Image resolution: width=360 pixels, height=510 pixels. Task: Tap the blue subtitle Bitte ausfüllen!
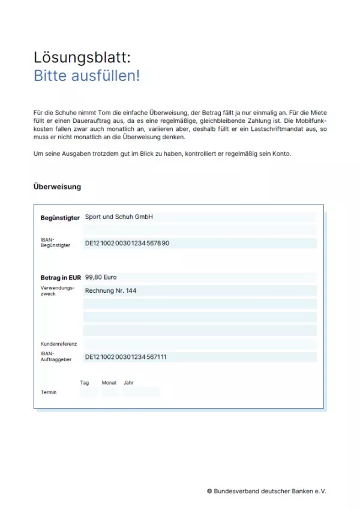[87, 76]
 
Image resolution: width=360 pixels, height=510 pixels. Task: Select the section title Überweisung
[57, 187]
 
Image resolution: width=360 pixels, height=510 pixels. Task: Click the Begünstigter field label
[59, 218]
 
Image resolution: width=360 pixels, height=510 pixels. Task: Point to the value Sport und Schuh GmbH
[119, 217]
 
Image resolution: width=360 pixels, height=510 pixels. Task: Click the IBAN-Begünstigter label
[55, 242]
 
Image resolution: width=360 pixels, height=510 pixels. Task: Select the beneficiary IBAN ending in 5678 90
[127, 243]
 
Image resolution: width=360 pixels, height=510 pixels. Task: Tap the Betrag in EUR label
[61, 278]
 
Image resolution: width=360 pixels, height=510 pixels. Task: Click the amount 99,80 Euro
[101, 277]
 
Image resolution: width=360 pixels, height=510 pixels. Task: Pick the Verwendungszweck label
[58, 291]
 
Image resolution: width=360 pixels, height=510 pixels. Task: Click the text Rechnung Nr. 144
[110, 290]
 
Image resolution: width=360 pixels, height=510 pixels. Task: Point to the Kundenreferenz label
[59, 344]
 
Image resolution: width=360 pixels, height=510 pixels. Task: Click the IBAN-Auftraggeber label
[56, 357]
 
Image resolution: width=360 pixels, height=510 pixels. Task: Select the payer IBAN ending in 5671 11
[126, 357]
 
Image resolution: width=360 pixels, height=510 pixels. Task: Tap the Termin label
[49, 392]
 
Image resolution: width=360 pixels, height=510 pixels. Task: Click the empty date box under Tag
[88, 392]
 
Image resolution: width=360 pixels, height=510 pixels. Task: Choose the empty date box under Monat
[110, 392]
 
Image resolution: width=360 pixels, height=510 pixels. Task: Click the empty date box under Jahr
[142, 392]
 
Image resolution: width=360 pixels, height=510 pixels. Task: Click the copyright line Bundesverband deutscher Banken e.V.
[266, 490]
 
